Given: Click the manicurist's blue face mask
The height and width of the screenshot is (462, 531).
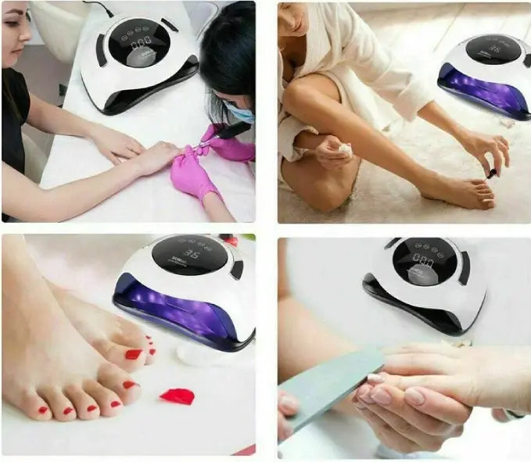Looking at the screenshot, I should pyautogui.click(x=240, y=114).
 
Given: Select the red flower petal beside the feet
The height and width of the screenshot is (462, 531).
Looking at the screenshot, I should pyautogui.click(x=177, y=396).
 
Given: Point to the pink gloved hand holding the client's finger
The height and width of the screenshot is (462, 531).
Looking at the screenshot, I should pyautogui.click(x=192, y=174).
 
